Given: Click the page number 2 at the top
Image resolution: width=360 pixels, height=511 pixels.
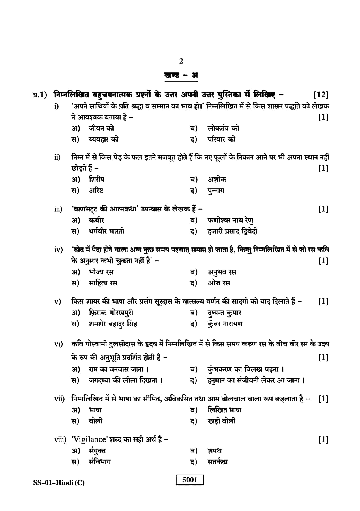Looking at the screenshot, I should click(181, 61).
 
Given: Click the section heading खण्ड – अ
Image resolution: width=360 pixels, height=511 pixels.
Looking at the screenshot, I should click(181, 75).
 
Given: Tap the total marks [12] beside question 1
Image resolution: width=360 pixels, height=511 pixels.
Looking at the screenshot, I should click(320, 95).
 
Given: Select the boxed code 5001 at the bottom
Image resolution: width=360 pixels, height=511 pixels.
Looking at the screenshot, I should click(190, 480).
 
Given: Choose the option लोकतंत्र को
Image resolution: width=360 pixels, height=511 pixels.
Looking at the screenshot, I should click(223, 128).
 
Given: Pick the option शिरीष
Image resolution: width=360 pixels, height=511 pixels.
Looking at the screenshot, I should click(96, 179).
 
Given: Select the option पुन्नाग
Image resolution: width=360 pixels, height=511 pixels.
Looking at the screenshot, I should click(215, 191).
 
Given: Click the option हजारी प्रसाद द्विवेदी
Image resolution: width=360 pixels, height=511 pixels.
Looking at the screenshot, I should click(232, 231).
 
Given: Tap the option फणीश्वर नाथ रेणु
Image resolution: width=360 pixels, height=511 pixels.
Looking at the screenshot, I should click(230, 220).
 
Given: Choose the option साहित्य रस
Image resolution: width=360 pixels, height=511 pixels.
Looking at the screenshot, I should click(103, 283).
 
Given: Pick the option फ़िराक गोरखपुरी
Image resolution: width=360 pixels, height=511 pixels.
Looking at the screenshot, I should click(111, 313).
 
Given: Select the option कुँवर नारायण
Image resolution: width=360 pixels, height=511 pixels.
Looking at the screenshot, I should click(225, 324).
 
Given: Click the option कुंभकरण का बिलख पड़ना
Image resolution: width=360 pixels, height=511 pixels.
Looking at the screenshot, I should click(246, 369).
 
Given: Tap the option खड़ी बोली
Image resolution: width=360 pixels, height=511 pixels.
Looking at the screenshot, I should click(221, 421).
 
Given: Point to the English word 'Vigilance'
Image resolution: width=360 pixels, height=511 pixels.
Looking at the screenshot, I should click(90, 439).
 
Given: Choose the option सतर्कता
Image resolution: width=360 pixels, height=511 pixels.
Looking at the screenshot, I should click(217, 462).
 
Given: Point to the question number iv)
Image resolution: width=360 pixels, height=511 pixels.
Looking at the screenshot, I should click(58, 249).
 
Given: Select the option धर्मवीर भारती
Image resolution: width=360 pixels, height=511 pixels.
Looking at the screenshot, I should click(106, 231).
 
